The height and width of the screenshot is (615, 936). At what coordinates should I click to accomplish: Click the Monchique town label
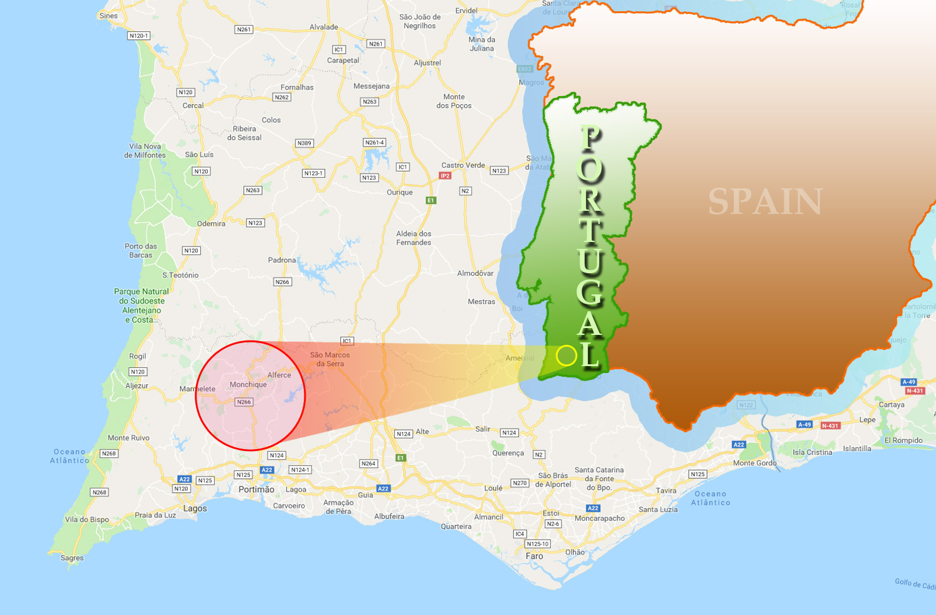tap(248, 385)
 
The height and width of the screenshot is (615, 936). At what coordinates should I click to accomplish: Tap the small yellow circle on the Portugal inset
tap(567, 356)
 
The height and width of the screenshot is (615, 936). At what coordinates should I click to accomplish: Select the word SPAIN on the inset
tap(765, 202)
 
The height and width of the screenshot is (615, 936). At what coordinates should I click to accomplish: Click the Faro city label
tap(534, 556)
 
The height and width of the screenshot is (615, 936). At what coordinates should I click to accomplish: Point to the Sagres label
tap(72, 558)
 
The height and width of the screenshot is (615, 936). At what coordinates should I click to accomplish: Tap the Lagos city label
tap(195, 509)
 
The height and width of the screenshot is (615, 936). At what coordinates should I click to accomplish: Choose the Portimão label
tap(256, 490)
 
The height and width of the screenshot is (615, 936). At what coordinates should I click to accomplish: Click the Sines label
tap(108, 16)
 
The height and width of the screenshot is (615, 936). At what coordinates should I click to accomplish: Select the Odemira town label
tap(211, 224)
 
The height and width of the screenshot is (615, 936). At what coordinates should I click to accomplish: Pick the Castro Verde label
tap(463, 165)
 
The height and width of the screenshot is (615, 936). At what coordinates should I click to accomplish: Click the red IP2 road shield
tap(445, 176)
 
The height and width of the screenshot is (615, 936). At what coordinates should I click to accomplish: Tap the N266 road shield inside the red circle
tap(244, 402)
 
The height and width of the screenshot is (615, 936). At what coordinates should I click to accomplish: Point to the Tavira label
tap(666, 491)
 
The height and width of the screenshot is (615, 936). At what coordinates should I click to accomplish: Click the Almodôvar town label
tap(475, 274)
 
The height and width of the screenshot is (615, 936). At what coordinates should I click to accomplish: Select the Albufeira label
tap(389, 516)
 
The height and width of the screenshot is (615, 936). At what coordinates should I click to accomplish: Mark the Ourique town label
tap(399, 193)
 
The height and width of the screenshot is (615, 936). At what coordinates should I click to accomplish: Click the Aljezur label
tap(137, 386)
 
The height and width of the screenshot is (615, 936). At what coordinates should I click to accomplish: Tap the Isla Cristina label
tap(812, 453)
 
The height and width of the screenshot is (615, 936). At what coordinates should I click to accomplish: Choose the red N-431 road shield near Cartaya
tap(915, 391)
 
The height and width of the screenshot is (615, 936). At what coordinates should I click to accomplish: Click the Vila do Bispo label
tap(87, 520)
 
